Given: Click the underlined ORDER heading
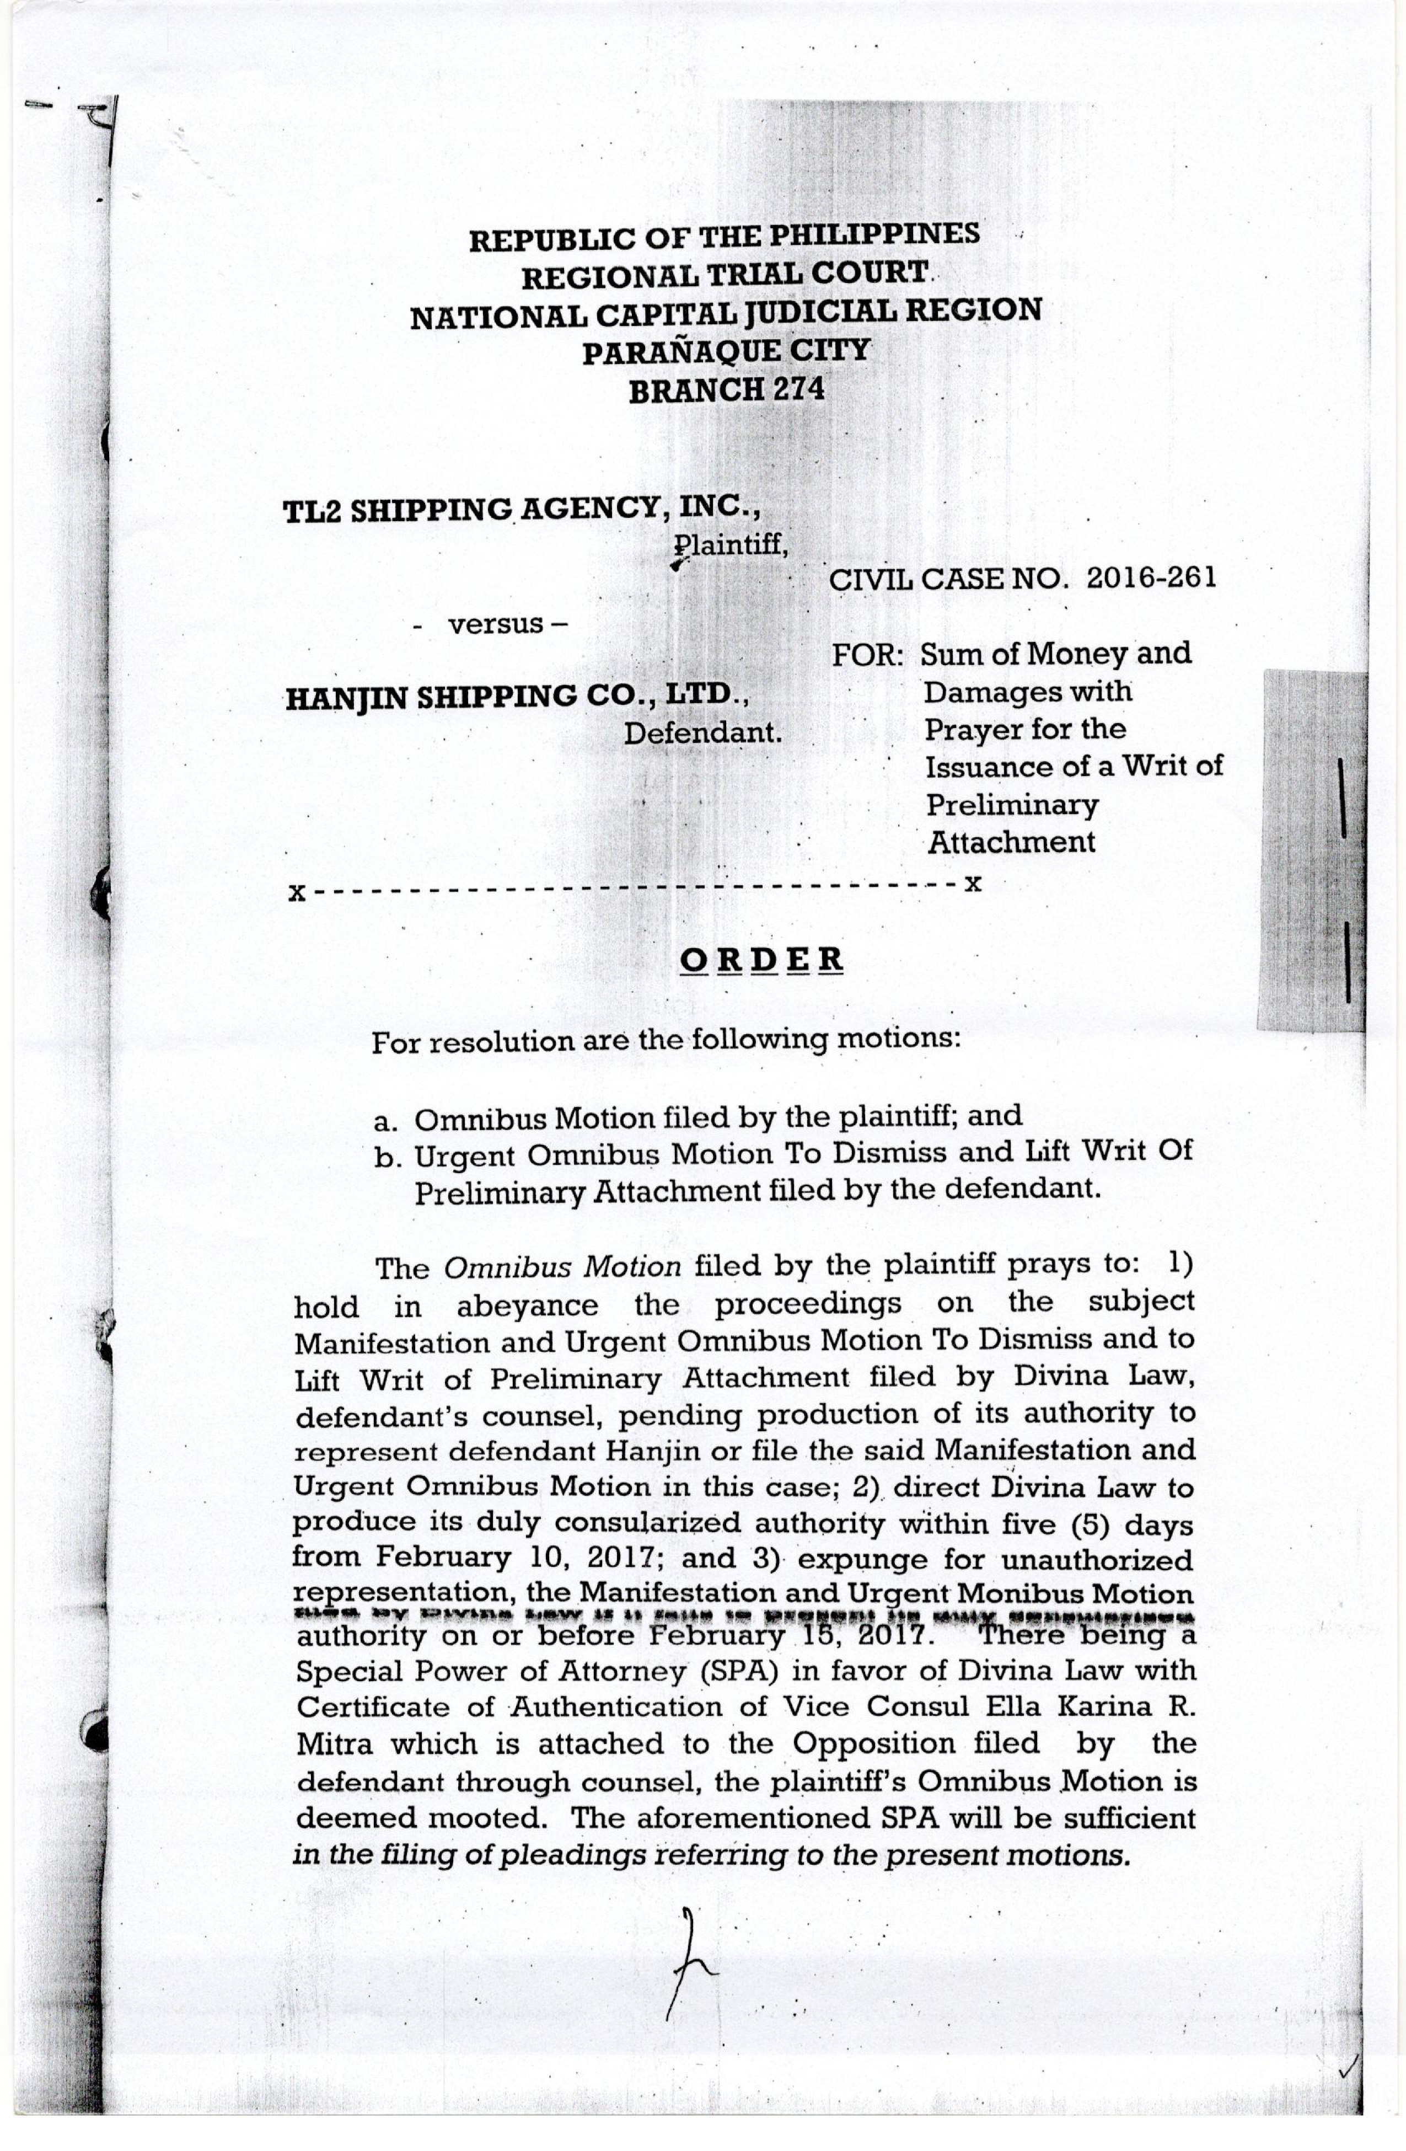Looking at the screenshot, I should coord(762,959).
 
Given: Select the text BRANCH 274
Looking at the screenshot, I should coord(727,390).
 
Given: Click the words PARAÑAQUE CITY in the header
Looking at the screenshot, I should coord(725,351).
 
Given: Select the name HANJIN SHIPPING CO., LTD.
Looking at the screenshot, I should coord(517,696).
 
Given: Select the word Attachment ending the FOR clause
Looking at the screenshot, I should coord(1011,842).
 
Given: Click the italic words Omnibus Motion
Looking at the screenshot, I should coord(562,1267).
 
